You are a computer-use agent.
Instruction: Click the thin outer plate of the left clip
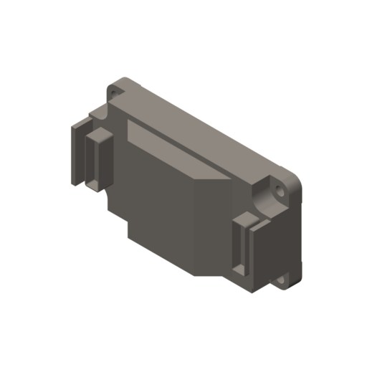pos(77,154)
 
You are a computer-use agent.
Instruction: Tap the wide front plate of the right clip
pos(259,254)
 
